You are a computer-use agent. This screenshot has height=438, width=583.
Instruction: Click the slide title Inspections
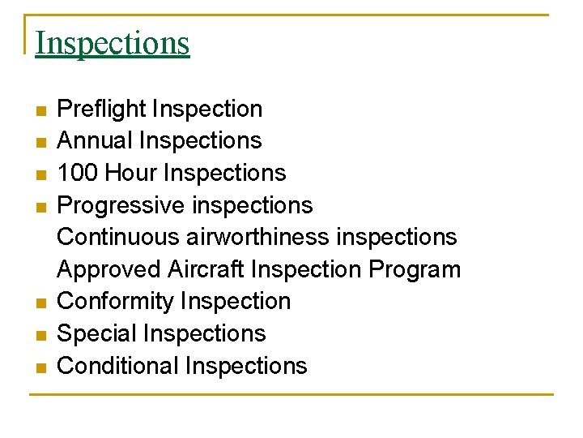(113, 43)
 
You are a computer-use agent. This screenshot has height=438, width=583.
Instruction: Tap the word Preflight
(101, 109)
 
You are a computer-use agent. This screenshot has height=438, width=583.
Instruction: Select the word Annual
(95, 140)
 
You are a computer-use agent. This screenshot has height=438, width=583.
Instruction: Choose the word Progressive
(121, 205)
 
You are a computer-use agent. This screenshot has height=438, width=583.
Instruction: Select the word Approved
(109, 269)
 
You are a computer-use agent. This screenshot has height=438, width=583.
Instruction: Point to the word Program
(415, 270)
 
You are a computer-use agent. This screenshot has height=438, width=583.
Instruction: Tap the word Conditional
(118, 366)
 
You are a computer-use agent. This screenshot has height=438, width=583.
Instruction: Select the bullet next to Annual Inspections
(42, 142)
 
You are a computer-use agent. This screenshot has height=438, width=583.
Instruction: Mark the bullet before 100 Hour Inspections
(42, 174)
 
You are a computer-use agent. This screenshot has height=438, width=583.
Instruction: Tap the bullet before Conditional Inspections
(42, 367)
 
